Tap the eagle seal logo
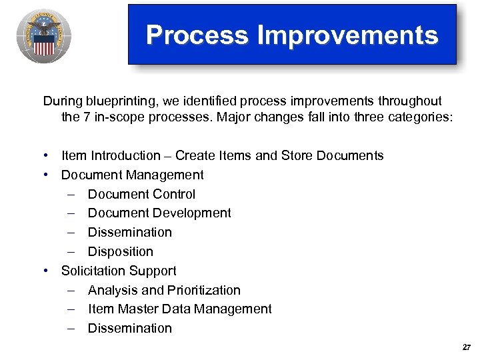(x=44, y=37)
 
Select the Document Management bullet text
(x=132, y=175)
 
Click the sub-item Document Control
(x=141, y=194)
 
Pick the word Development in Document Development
(x=193, y=213)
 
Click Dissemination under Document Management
(x=129, y=233)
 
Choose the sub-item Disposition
(x=120, y=252)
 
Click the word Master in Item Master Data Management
(x=139, y=309)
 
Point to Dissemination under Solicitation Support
(x=129, y=328)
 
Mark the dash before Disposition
(x=72, y=252)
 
